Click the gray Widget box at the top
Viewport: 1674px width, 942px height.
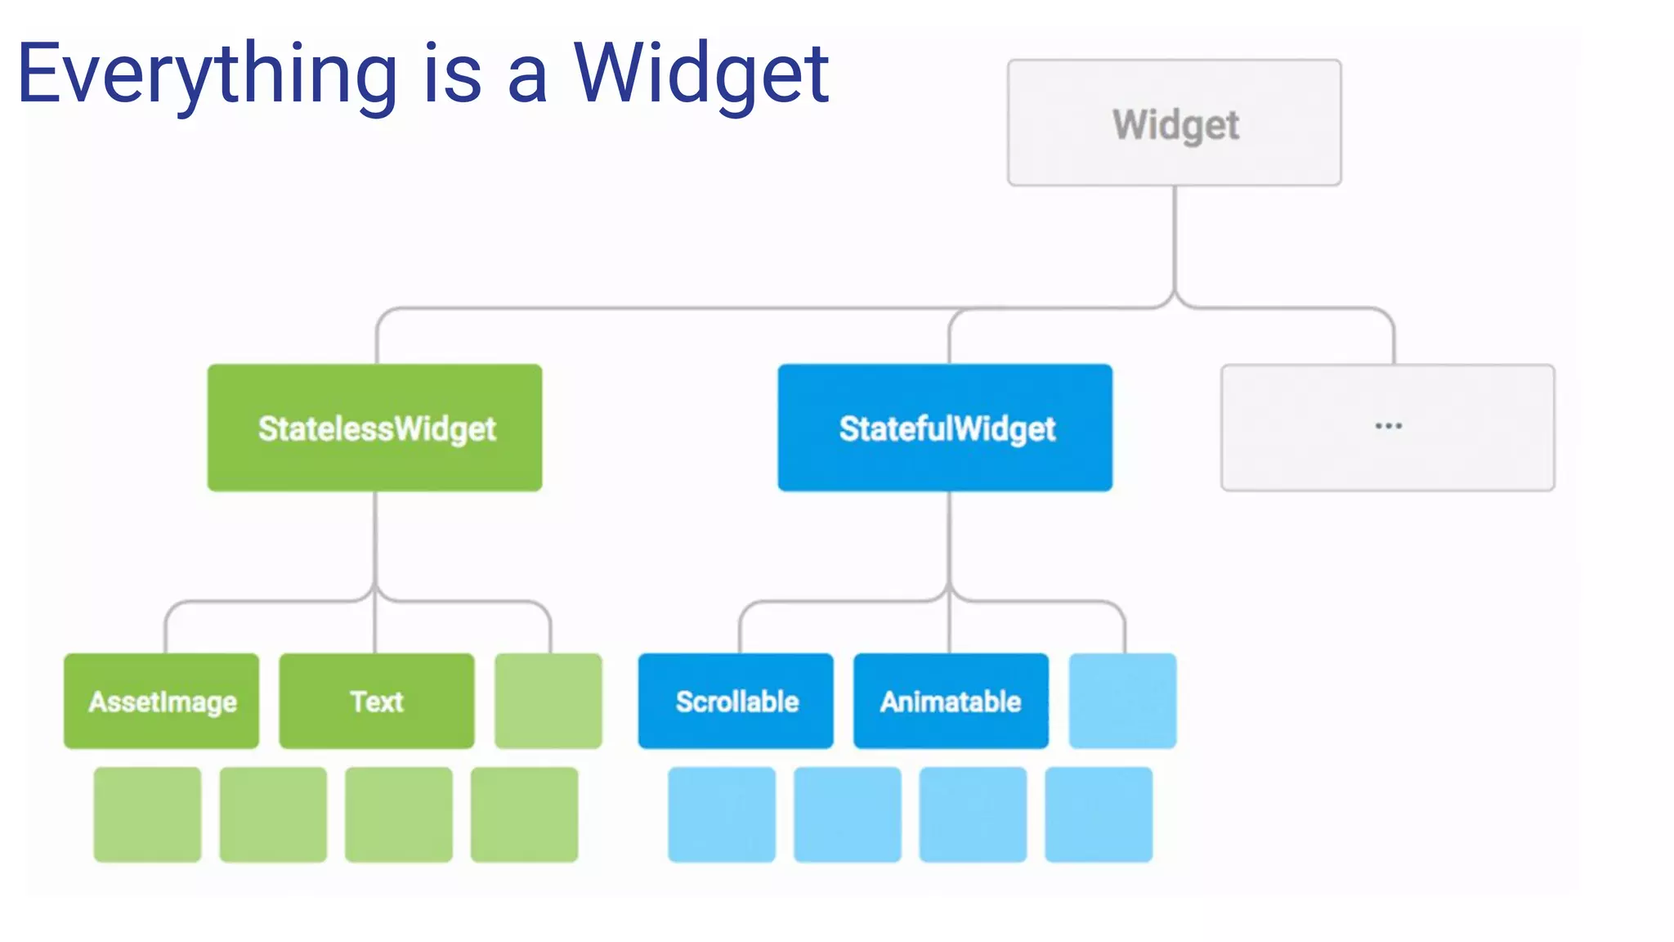(1174, 123)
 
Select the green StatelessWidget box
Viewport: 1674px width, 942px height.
(374, 428)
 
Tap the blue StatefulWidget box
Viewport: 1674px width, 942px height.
(945, 428)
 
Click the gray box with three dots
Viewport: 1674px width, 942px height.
(1387, 428)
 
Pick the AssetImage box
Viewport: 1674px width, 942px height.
(162, 701)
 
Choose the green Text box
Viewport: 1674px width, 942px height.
(376, 701)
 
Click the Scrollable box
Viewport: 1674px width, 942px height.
(736, 701)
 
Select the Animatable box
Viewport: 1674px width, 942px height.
(951, 701)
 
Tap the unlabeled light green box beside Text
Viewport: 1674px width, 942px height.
(548, 701)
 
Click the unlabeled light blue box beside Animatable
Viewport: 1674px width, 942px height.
(1122, 701)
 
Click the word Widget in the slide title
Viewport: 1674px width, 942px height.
(701, 75)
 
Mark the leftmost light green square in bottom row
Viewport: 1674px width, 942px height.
(147, 814)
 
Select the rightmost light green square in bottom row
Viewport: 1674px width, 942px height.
(524, 814)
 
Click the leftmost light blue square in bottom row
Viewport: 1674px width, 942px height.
(722, 814)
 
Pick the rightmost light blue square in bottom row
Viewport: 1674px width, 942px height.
(1099, 814)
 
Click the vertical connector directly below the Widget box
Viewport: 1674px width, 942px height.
(1175, 237)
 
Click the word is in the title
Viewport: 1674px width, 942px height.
(453, 75)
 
